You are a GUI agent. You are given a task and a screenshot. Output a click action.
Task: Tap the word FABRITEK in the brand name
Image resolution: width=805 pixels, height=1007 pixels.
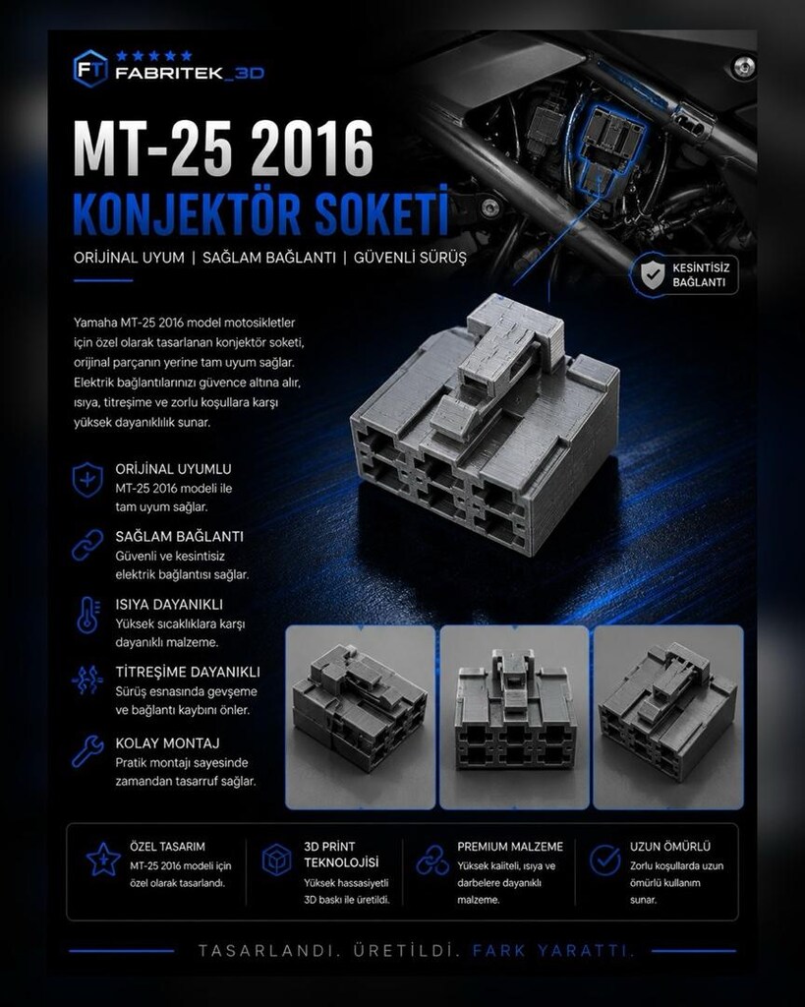tap(169, 73)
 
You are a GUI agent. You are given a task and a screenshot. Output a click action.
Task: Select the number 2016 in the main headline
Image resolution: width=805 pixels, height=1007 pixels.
tap(312, 149)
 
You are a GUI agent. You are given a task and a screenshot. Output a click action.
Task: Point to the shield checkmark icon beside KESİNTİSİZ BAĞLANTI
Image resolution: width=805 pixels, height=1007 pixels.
tap(653, 275)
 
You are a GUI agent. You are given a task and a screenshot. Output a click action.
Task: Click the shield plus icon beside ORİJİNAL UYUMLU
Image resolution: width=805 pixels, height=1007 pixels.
tap(87, 479)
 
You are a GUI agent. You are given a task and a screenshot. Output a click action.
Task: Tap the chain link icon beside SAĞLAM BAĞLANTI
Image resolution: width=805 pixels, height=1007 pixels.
tap(87, 545)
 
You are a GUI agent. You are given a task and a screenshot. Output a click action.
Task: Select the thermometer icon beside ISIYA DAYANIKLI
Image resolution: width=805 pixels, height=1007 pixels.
tap(87, 615)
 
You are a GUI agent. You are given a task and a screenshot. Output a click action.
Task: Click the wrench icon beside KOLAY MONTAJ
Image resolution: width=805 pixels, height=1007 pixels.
tap(87, 751)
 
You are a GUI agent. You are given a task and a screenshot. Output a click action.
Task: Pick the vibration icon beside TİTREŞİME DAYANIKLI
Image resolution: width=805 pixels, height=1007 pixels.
tap(87, 681)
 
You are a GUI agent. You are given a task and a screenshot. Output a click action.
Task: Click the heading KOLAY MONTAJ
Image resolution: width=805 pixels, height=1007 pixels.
tap(167, 743)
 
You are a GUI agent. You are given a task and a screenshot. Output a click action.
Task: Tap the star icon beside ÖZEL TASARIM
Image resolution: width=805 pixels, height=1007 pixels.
tap(103, 859)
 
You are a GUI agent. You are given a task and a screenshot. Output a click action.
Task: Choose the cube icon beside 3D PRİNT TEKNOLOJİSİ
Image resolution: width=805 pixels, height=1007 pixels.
tap(276, 859)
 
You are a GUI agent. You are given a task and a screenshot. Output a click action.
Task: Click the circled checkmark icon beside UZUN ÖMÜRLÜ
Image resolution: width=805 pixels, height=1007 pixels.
tap(604, 859)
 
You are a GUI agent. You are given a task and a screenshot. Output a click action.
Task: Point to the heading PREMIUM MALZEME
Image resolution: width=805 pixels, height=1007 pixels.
tap(510, 847)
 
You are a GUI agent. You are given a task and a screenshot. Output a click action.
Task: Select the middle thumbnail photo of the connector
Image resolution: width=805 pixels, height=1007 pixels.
tap(514, 717)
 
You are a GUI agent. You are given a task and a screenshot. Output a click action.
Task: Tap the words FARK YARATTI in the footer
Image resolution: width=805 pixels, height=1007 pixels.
tap(553, 951)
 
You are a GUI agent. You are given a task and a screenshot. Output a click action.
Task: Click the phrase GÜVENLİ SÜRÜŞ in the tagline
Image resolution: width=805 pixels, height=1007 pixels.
tap(410, 258)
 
